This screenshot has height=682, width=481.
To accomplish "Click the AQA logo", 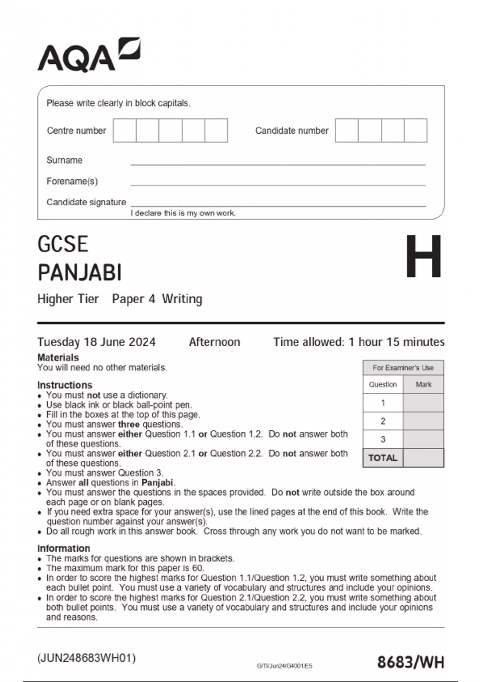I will [x=89, y=55].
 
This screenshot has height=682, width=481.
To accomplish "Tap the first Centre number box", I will [x=125, y=130].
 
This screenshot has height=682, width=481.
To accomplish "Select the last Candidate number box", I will [x=416, y=130].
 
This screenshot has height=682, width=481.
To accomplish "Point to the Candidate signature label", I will [x=86, y=202].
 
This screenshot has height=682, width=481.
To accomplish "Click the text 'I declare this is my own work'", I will [x=183, y=213].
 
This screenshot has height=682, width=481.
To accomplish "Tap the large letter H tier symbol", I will [x=423, y=257].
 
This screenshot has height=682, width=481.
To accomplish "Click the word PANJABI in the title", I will [x=80, y=273].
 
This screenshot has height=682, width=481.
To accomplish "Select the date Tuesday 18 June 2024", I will [x=96, y=342].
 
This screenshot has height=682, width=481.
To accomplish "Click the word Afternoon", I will [x=214, y=342].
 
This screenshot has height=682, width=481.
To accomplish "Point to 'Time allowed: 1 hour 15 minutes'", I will [x=359, y=342].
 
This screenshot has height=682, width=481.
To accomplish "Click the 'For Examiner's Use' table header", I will [x=403, y=367].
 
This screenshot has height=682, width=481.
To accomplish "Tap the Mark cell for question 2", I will [x=423, y=421].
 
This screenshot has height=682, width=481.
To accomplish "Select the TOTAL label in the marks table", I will [x=383, y=458].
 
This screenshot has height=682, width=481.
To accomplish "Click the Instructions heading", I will [x=65, y=385].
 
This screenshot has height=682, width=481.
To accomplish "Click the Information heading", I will [x=63, y=548].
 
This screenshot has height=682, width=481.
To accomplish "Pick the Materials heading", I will [x=58, y=357].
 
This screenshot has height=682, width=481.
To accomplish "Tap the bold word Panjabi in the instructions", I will [x=157, y=483].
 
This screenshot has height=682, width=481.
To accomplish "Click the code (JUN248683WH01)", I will [x=87, y=658].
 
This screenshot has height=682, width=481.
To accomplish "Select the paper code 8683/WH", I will [x=410, y=662].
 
